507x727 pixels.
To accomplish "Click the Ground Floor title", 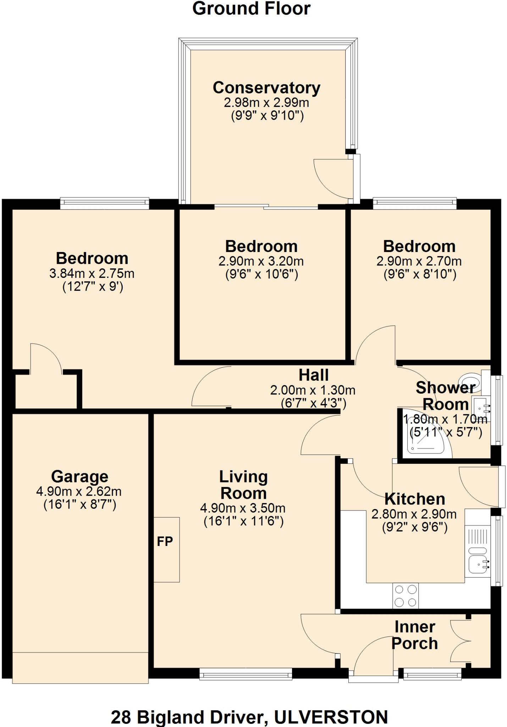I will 251,9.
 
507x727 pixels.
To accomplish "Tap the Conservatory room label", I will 266,88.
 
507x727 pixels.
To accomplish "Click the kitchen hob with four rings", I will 406,596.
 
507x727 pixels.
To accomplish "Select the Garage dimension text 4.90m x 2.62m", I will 79,492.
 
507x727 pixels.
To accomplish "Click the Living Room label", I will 243,485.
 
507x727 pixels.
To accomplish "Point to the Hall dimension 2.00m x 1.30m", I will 313,390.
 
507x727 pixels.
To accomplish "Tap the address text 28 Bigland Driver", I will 188,717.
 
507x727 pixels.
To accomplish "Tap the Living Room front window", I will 246,674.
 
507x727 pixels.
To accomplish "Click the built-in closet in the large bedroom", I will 46,390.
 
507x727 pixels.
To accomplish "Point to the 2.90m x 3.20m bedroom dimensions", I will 261,262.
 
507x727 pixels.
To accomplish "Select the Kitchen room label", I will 414,499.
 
